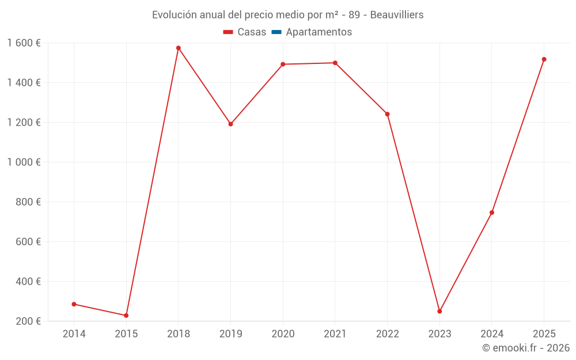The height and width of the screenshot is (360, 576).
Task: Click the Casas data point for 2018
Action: (179, 48)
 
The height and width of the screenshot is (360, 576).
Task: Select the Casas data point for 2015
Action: (126, 316)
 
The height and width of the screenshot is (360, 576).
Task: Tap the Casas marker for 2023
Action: (439, 312)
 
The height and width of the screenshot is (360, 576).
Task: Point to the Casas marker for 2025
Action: (544, 59)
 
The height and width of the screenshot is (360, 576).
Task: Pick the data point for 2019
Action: (230, 124)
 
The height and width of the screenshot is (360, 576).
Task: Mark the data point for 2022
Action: (387, 114)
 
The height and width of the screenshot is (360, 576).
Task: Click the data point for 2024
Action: (492, 213)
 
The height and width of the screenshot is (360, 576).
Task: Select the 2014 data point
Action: (74, 304)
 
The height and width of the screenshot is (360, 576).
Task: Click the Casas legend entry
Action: (245, 32)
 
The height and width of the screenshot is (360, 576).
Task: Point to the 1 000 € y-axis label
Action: (24, 162)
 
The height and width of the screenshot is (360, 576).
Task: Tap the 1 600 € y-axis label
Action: (24, 43)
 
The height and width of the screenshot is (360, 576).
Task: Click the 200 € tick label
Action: (28, 321)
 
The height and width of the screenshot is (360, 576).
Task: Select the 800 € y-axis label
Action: (28, 202)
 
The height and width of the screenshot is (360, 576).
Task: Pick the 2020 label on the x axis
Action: (283, 334)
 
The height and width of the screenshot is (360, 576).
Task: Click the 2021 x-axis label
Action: (335, 334)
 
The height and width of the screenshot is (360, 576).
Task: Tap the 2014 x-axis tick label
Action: (74, 334)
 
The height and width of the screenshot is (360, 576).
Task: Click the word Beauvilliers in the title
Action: (397, 15)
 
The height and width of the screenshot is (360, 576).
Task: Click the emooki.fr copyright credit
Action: (526, 348)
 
